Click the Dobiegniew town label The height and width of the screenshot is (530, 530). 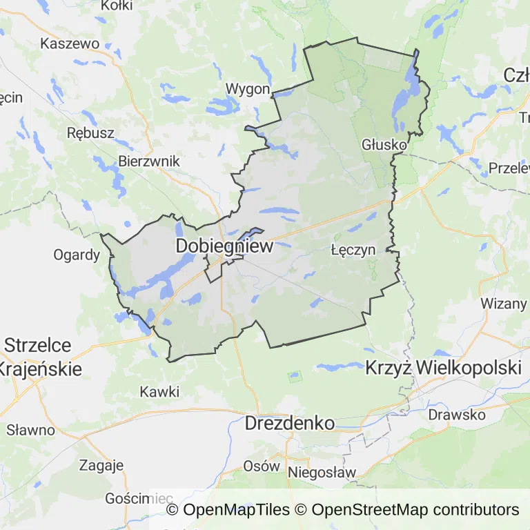pos(225,246)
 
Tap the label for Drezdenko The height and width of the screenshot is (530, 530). pos(290,423)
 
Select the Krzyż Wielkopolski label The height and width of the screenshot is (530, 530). pos(442,367)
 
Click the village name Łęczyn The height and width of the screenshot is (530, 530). pos(353,249)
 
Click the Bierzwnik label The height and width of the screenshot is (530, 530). pos(149,161)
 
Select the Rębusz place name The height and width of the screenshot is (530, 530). pos(90,132)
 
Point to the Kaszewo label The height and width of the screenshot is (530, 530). pos(70,43)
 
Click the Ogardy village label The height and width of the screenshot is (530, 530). pos(77,255)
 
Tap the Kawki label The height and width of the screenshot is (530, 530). pos(159,392)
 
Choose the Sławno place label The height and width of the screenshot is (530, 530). pos(30,429)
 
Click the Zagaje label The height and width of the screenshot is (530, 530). pos(101,464)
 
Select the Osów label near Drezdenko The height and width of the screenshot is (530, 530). pos(262,466)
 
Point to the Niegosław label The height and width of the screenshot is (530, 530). pos(322,473)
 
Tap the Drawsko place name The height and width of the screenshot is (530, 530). pos(457,415)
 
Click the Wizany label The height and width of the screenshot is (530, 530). pos(503,303)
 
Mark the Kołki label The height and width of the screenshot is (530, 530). pos(117,6)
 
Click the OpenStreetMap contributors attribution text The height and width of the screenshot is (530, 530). pos(415,510)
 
